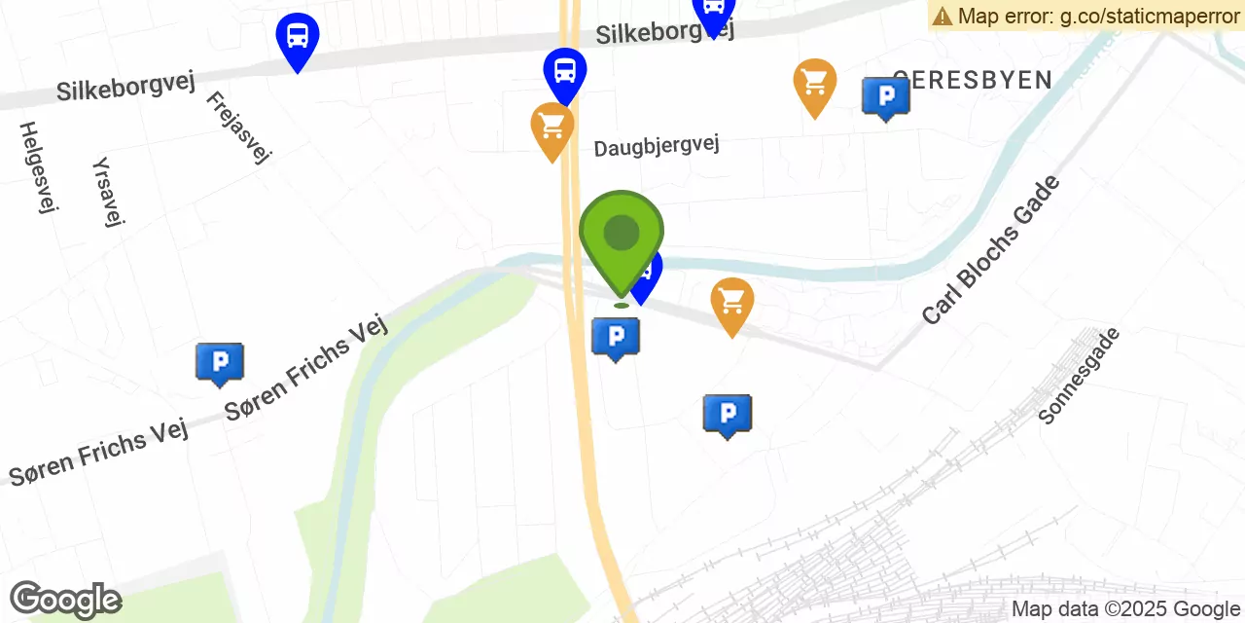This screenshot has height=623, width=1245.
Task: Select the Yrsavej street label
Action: coord(108,192)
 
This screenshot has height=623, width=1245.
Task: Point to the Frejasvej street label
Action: coord(238,128)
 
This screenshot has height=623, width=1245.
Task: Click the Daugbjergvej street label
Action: coord(657,146)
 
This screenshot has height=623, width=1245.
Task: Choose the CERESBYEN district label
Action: coord(973,80)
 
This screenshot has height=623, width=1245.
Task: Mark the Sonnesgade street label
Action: coord(1079,376)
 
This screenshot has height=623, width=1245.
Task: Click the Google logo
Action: coord(65,600)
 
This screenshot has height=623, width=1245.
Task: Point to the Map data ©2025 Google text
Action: coord(1126,609)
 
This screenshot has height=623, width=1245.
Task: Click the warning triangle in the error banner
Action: coord(942,16)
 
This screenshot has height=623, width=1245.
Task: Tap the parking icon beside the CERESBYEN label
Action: coord(885,96)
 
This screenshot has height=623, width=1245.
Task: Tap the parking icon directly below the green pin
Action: coord(615,337)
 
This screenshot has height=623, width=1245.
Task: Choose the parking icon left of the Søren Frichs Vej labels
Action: coord(219,362)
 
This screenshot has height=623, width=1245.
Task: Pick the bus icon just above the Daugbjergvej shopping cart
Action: coord(564,71)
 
